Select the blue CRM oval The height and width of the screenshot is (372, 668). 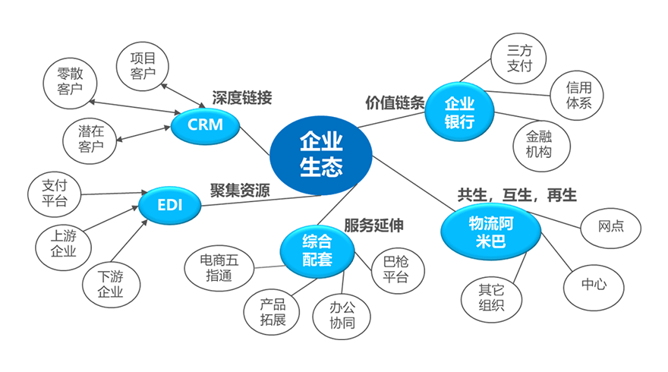point(206,124)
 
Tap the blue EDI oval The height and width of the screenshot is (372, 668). point(169,204)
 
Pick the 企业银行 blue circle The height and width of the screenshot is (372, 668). point(458,112)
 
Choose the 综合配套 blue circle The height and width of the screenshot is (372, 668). point(317,252)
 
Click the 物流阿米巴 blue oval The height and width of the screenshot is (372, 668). point(490,232)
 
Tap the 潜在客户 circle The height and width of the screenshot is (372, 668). point(90,137)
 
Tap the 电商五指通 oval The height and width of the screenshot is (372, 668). point(219,266)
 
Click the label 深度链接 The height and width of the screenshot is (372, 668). point(241,98)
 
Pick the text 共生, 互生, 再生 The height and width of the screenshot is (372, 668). point(516,194)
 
